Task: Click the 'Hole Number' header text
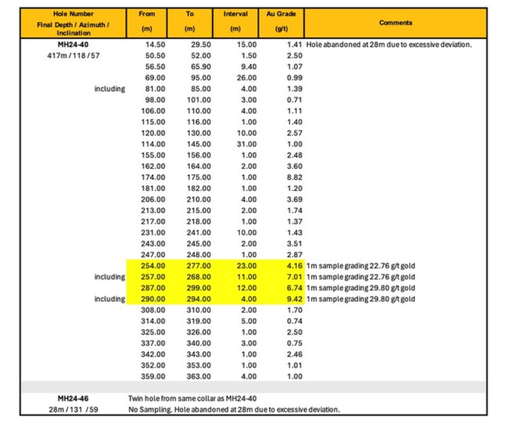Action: tap(73, 14)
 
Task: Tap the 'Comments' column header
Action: tap(396, 23)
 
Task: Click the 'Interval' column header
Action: tap(236, 14)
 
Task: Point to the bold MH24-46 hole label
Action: tap(73, 399)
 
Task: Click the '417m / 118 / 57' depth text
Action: tap(73, 56)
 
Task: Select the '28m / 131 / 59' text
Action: tap(73, 409)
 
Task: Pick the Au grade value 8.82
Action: tap(294, 177)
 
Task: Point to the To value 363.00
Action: tap(199, 376)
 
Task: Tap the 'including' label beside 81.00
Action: tap(110, 89)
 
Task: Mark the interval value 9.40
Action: tap(248, 67)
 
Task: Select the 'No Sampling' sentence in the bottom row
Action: tap(234, 409)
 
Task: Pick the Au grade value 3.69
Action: tap(294, 199)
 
